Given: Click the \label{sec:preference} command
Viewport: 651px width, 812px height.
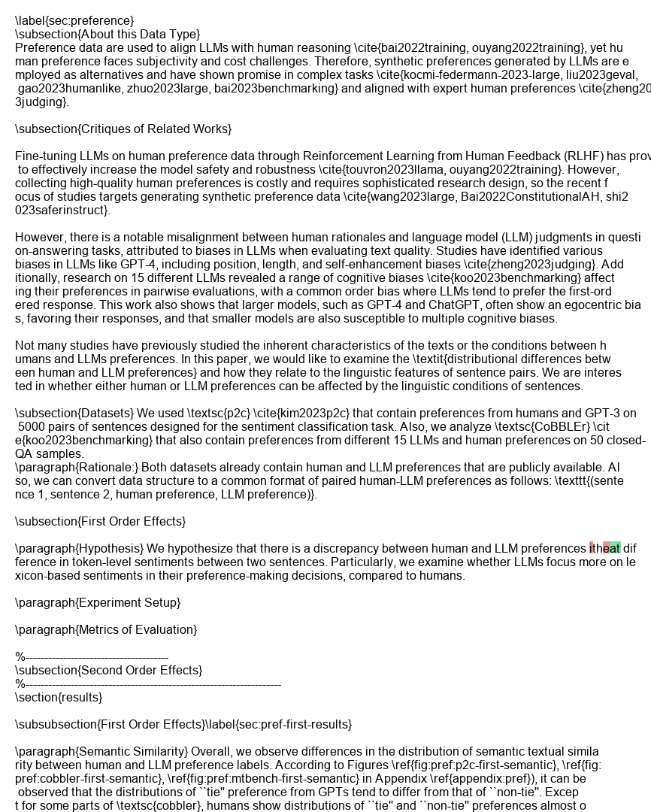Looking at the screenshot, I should (74, 20).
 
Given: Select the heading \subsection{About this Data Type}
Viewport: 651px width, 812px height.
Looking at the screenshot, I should (107, 34).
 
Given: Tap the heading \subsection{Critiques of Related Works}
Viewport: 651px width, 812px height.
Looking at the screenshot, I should (123, 129).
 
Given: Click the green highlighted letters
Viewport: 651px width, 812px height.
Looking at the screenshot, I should (612, 548).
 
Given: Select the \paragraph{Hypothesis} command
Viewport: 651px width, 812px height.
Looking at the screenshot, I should (79, 548).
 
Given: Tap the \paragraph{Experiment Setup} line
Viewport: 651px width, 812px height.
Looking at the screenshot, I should (98, 602).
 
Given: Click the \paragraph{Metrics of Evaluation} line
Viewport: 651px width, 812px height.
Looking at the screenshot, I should (106, 629).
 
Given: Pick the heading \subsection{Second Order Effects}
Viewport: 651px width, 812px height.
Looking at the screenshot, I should (108, 670).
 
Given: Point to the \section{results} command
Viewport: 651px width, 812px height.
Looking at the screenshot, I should (59, 697).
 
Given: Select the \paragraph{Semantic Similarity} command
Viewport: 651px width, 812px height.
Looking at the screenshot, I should (101, 751).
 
